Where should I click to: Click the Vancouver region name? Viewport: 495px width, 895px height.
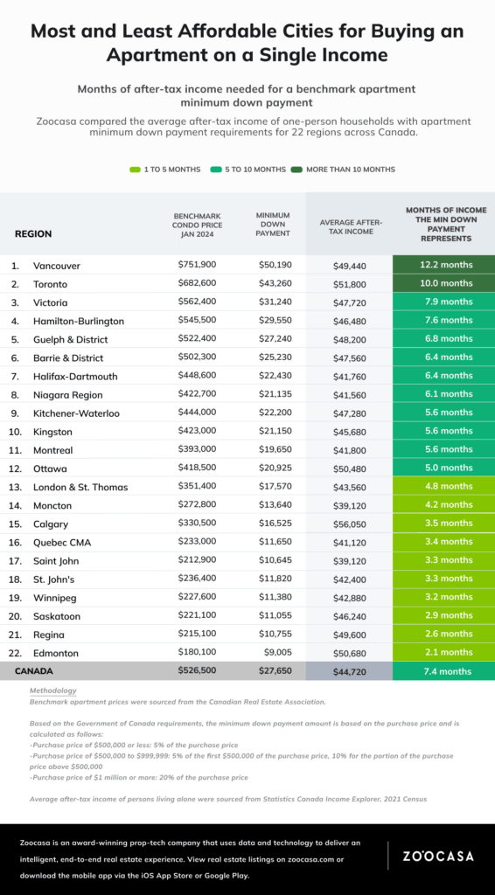click(x=58, y=265)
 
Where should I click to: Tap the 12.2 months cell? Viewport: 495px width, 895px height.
click(x=444, y=265)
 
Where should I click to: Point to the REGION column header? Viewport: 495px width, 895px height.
click(x=33, y=234)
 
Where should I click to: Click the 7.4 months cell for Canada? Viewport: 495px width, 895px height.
click(x=444, y=671)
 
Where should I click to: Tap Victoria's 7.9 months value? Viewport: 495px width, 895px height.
click(x=444, y=302)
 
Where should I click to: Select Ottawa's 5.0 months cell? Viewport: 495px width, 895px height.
click(x=444, y=468)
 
